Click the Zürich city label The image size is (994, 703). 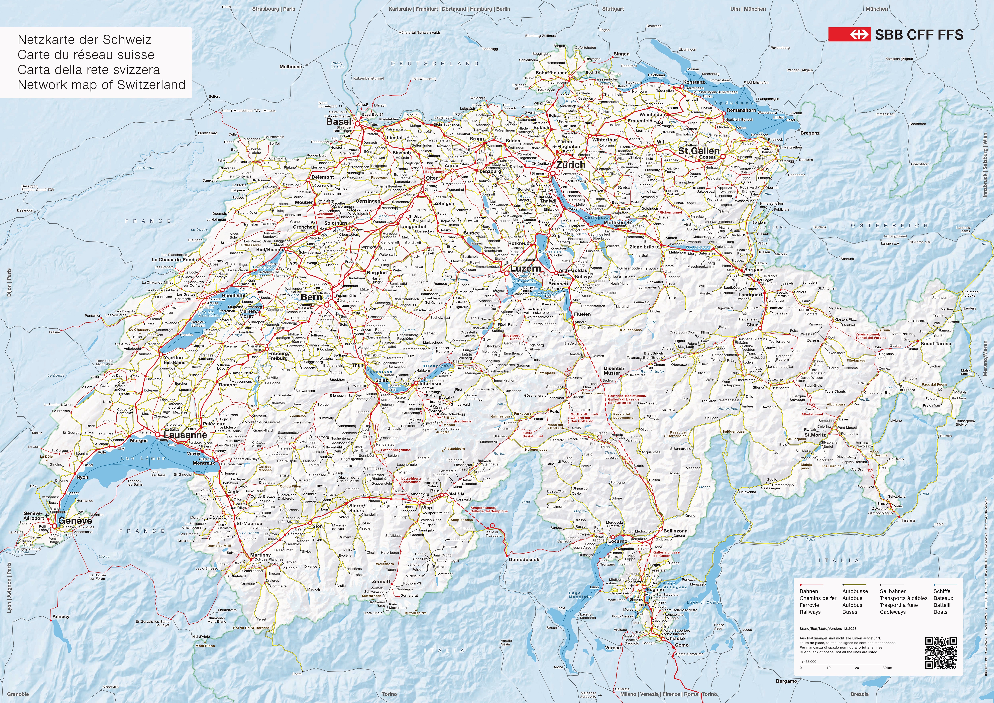point(571,165)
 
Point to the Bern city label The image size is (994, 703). point(312,297)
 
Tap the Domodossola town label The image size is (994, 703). point(525,559)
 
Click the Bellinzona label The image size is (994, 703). point(675,531)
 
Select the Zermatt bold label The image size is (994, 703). point(381,581)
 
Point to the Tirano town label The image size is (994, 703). point(908,520)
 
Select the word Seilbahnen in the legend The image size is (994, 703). point(893,591)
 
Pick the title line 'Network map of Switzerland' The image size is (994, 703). point(101,85)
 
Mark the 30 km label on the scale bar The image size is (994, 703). point(887,668)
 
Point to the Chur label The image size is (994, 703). point(752,325)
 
